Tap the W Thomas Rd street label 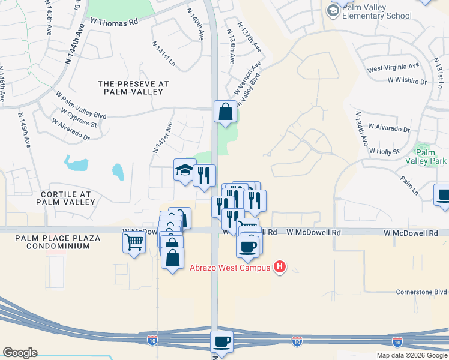(x=114, y=21)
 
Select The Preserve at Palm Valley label (x=133, y=88)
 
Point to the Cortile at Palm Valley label (x=65, y=198)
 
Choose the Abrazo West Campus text (x=231, y=268)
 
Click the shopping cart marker (x=134, y=242)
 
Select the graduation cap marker (x=184, y=170)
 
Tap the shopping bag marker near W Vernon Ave (x=225, y=112)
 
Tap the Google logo (x=20, y=353)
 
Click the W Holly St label (x=384, y=151)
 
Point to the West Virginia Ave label (x=393, y=67)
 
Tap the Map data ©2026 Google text (x=412, y=355)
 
